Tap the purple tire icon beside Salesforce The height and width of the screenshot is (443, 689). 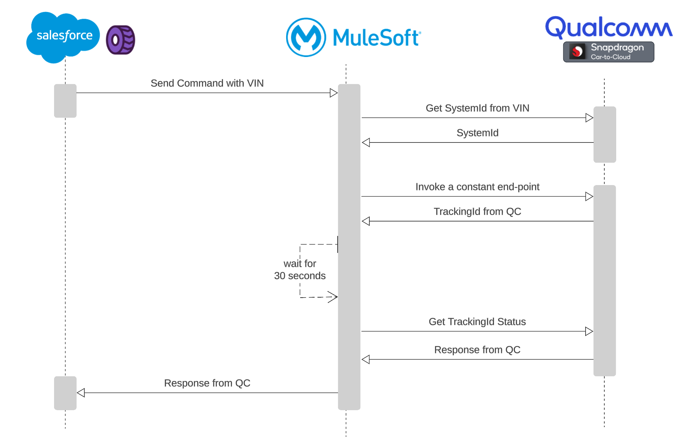click(x=120, y=40)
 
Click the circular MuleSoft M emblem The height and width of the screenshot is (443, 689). click(x=306, y=38)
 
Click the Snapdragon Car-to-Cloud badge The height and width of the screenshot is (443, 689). click(x=608, y=52)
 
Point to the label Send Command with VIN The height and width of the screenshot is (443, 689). click(x=207, y=83)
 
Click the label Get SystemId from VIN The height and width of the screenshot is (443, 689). click(x=477, y=108)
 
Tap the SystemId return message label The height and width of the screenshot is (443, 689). click(x=477, y=133)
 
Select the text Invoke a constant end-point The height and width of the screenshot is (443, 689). click(x=477, y=187)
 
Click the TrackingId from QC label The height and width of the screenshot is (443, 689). click(x=477, y=211)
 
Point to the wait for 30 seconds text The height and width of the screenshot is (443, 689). click(x=299, y=270)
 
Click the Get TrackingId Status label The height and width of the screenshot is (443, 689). click(x=477, y=322)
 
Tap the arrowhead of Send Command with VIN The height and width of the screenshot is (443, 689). click(x=334, y=93)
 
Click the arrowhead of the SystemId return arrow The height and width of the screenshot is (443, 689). click(x=366, y=142)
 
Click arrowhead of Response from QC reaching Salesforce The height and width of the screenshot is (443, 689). click(x=81, y=392)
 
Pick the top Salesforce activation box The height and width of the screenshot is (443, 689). click(x=65, y=101)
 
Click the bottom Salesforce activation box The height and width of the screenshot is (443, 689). click(x=65, y=393)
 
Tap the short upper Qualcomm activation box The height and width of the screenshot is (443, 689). click(x=604, y=135)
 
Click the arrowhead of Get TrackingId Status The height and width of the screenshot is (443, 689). click(x=589, y=331)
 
